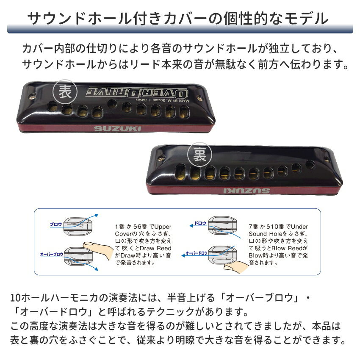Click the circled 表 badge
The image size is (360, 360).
[x=65, y=91]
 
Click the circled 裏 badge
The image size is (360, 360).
[x=199, y=155]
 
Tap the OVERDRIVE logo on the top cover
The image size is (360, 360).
[x=137, y=92]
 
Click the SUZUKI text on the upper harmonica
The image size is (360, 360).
[x=117, y=129]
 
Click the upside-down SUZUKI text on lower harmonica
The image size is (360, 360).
[x=246, y=191]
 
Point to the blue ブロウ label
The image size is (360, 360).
[x=56, y=224]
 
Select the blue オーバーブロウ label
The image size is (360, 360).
[x=52, y=255]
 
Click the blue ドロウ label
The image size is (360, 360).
[x=200, y=223]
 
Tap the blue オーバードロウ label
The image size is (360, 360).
[x=197, y=253]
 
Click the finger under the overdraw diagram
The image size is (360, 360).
[x=236, y=267]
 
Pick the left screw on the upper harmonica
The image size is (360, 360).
[x=33, y=97]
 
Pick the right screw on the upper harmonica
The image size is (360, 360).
[x=200, y=98]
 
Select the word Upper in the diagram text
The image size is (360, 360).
[x=163, y=227]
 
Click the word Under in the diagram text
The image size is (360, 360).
[x=299, y=227]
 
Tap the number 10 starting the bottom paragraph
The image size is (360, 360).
[x=15, y=298]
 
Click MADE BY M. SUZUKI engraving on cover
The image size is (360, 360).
[x=163, y=100]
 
